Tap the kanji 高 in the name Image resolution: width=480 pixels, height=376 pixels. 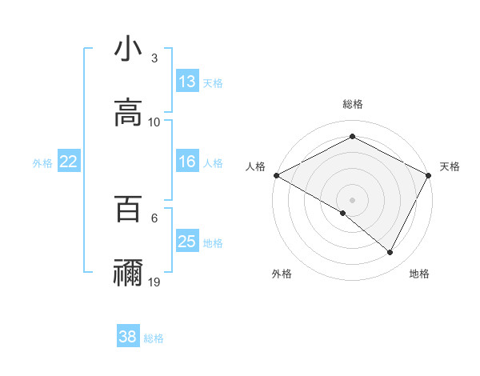[129, 114]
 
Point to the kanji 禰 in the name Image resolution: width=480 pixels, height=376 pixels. [129, 274]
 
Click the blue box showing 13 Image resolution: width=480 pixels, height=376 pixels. [187, 82]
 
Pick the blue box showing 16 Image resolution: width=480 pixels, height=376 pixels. [187, 162]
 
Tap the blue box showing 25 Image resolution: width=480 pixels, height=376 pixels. [187, 242]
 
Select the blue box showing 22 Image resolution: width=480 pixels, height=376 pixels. [69, 162]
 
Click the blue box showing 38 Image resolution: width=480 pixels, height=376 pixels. [128, 338]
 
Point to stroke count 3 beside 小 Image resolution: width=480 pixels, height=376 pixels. [154, 58]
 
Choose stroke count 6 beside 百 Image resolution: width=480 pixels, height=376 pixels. [154, 218]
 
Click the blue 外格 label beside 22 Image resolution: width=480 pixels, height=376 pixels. [42, 163]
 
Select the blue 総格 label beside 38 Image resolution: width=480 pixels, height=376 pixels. [154, 338]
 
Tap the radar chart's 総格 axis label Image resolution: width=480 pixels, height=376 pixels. [353, 105]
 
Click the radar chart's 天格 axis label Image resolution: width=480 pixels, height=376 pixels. [450, 166]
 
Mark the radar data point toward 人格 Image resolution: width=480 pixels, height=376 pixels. [276, 175]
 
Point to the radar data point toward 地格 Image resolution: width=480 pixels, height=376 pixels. [390, 253]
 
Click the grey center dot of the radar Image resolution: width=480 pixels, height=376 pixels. [353, 199]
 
